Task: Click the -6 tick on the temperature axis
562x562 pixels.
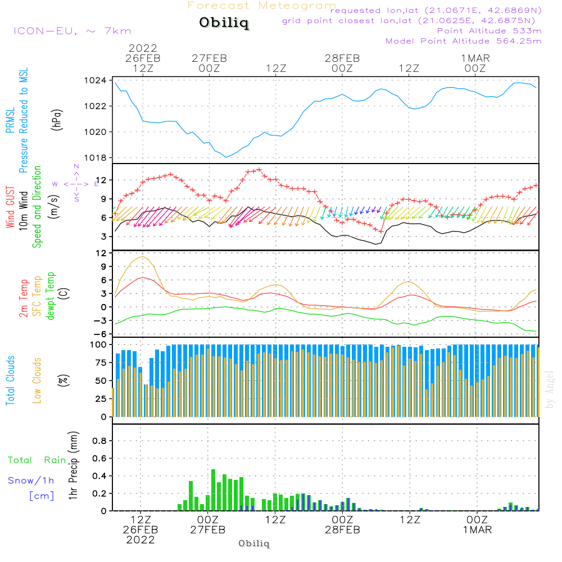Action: (x=102, y=334)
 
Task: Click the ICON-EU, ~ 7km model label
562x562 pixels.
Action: (x=72, y=31)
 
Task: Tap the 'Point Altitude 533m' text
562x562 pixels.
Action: (x=489, y=31)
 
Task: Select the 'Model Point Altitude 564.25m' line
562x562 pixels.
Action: (x=464, y=41)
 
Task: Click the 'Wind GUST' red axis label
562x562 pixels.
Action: (x=11, y=209)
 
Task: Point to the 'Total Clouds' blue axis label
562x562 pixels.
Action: (x=11, y=380)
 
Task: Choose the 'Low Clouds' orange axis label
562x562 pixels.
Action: (x=37, y=380)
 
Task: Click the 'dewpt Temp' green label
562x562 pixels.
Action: (x=51, y=296)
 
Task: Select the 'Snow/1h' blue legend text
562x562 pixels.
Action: (x=31, y=481)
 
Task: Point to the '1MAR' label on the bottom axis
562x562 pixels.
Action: (x=477, y=530)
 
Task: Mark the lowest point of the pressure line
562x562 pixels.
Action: (x=226, y=157)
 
